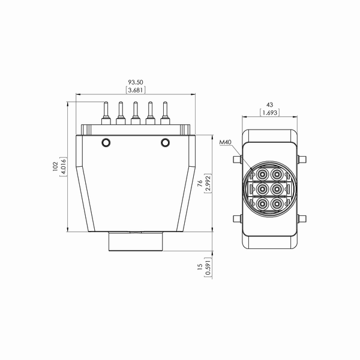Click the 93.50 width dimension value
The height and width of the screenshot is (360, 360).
(x=136, y=82)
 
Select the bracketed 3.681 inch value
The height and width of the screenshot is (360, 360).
(x=136, y=90)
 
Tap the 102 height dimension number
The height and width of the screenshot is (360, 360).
(x=55, y=166)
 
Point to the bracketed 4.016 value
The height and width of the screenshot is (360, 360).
(x=64, y=167)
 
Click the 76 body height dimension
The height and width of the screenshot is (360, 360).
(x=200, y=183)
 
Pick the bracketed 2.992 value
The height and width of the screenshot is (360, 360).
(x=208, y=184)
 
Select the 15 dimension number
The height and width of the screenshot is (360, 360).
(x=200, y=266)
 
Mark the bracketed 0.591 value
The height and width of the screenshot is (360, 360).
(x=208, y=268)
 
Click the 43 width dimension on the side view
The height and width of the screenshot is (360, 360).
(x=270, y=104)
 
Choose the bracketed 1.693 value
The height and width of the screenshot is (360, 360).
(x=270, y=113)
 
